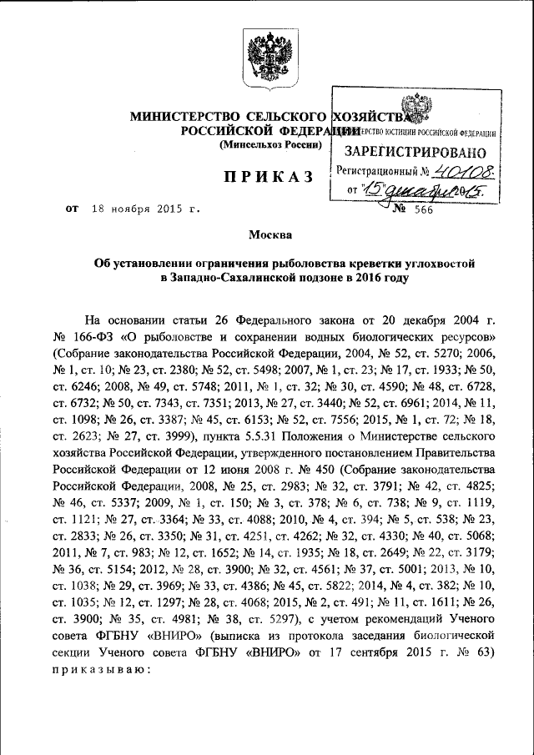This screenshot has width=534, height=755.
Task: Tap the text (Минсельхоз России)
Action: coord(270,146)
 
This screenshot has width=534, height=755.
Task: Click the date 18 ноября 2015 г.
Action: coord(145,210)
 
